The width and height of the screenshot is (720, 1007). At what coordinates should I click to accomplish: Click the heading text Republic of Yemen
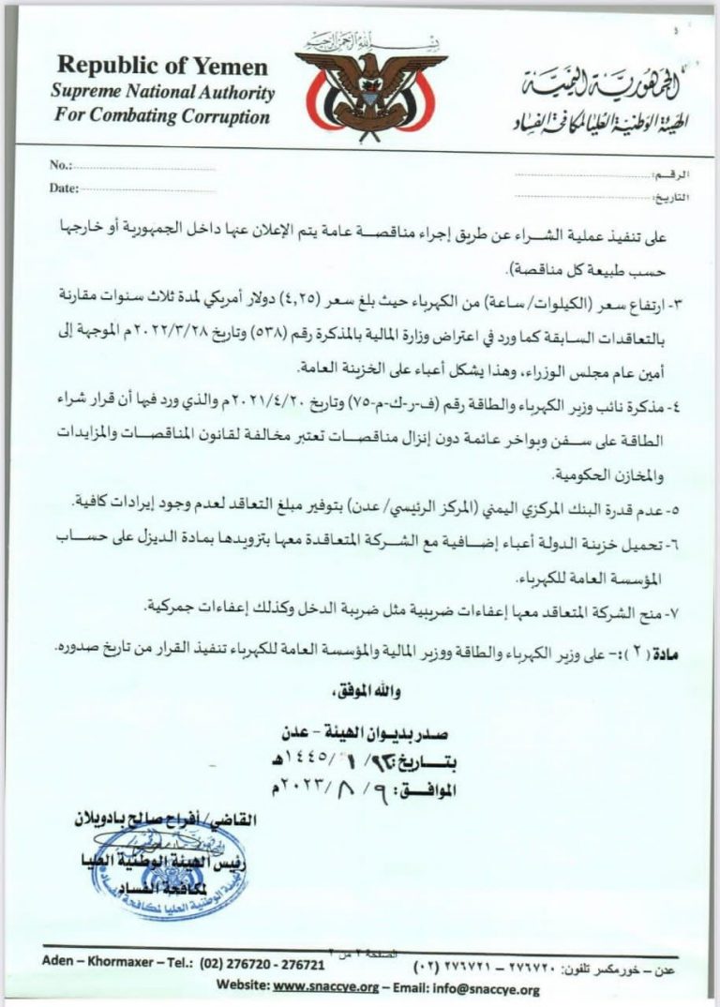[x=162, y=67]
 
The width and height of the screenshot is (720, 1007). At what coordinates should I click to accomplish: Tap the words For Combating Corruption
[x=162, y=117]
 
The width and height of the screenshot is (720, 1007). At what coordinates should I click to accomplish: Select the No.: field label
[x=60, y=165]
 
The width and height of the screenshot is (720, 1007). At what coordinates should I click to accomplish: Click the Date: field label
[x=64, y=188]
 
